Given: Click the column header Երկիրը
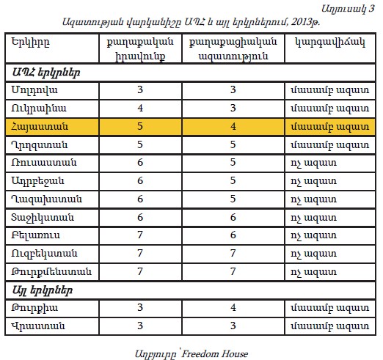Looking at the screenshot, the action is (x=30, y=43).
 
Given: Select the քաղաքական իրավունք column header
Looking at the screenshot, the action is (x=140, y=49).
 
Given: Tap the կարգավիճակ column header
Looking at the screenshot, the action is (x=330, y=43).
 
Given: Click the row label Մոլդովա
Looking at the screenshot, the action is (x=34, y=90).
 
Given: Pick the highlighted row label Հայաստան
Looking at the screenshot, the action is (x=40, y=127).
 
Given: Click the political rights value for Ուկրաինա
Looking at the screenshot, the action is (x=140, y=108).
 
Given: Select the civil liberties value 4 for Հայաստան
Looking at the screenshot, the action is (x=233, y=126).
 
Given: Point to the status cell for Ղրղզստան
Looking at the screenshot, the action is (x=330, y=145).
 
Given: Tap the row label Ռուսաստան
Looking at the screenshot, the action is (x=44, y=163).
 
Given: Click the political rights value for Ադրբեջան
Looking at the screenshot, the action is (x=140, y=180).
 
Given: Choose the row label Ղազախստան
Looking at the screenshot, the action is (x=46, y=199).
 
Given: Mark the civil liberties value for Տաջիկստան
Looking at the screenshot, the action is (x=233, y=217).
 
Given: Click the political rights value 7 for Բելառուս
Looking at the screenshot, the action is (x=140, y=235).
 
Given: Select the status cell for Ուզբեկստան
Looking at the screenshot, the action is (x=313, y=254).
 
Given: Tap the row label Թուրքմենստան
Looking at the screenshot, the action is (x=51, y=272).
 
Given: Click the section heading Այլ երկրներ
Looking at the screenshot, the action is (x=43, y=290).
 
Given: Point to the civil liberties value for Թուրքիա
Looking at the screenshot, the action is (x=233, y=307).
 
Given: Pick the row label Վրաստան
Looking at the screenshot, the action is (x=38, y=326).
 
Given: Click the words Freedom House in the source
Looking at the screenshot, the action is (x=215, y=354).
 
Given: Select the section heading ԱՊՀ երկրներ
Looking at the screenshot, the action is (x=46, y=73).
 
